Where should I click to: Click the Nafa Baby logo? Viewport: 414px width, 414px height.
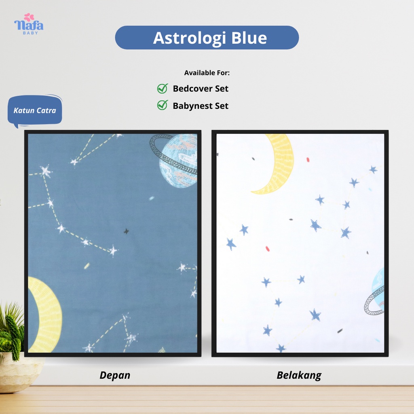point(29,24)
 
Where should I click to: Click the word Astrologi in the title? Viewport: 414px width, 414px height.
point(189,38)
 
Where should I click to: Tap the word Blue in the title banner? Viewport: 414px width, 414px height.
point(249,38)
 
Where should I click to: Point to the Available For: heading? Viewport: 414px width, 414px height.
point(207,73)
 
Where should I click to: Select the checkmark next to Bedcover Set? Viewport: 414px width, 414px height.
point(163,89)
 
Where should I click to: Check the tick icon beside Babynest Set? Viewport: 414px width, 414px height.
point(163,105)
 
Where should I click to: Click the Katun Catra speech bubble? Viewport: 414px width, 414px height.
point(35,110)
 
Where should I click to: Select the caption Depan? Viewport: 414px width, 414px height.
point(115,376)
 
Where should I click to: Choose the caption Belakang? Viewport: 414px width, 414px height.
point(299,376)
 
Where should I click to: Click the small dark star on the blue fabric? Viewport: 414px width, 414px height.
point(126,231)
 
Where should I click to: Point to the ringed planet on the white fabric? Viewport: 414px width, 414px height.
point(375,293)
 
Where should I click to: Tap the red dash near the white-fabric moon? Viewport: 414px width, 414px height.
point(308,159)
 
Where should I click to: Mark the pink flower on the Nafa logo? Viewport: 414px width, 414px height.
point(29,17)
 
